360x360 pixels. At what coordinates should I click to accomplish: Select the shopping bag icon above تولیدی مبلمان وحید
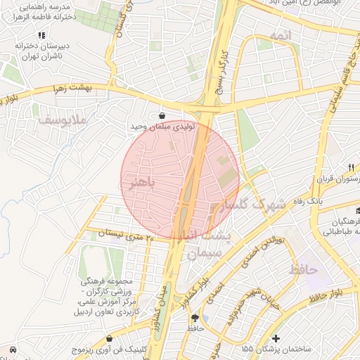click(163, 116)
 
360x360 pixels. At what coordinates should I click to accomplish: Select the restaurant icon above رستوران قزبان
click(350, 167)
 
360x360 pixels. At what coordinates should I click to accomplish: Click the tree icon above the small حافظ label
click(195, 318)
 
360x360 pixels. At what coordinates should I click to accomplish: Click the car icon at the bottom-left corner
click(12, 349)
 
